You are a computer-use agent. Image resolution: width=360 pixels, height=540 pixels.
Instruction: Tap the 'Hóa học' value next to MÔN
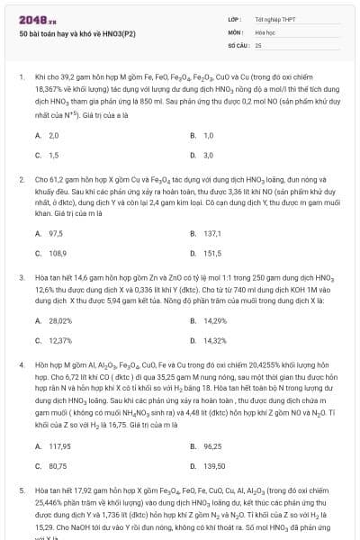point(264,31)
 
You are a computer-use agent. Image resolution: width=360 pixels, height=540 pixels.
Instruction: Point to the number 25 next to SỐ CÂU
point(258,43)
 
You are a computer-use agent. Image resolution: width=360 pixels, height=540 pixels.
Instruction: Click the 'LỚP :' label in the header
point(235,18)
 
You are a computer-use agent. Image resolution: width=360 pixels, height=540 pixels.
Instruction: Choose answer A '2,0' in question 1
point(53,135)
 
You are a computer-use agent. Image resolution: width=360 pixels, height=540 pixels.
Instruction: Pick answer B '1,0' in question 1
point(208,135)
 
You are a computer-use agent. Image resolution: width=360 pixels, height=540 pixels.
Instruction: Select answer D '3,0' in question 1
point(208,155)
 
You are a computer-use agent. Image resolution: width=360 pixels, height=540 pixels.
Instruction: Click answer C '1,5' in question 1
point(53,155)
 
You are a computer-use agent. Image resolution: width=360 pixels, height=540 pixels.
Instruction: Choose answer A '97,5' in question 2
point(55,232)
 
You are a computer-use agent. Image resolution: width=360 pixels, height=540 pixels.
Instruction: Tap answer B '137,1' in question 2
point(212,232)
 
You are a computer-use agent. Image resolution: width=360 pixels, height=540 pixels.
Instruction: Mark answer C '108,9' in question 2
point(57,253)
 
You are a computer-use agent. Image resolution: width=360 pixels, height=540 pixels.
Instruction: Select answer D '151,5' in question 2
point(212,253)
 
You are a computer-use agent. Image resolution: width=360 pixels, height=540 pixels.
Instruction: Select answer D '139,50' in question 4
point(214,466)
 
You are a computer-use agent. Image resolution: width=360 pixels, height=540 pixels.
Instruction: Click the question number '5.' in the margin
point(22,492)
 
